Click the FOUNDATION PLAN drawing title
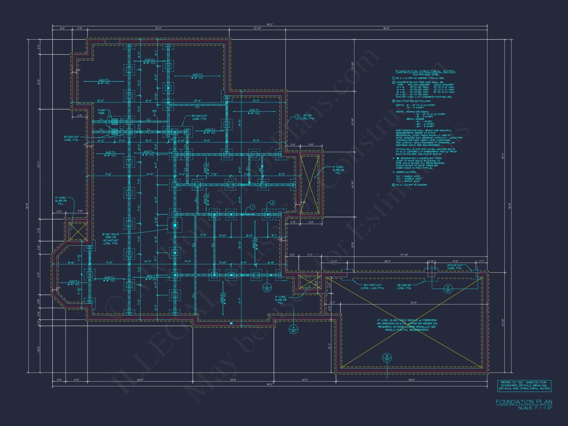524,402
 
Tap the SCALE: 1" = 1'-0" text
535,408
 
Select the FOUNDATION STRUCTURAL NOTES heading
425,72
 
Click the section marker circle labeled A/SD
293,329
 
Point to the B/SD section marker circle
387,358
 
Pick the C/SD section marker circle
267,287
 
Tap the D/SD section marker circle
448,289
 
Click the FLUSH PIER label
101,112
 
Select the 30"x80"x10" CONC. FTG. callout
199,117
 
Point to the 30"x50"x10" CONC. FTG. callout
71,138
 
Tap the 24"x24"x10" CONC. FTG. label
455,267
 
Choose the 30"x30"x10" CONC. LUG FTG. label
372,287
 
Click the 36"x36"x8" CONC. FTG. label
404,287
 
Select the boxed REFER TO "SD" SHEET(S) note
524,385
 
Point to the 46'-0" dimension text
386,28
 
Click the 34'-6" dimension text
412,380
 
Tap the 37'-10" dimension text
404,255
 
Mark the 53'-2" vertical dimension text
503,156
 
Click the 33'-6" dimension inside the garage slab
414,303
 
